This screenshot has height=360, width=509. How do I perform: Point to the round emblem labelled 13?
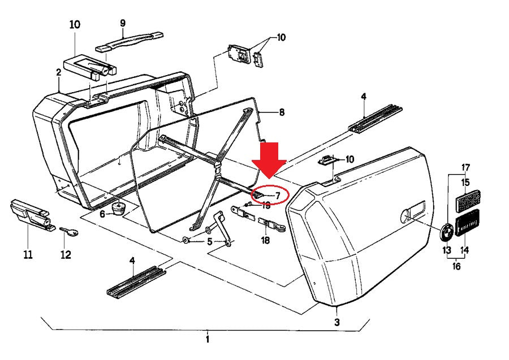447,232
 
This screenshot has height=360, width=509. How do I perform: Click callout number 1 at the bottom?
207,340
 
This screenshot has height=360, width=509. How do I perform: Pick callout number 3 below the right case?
337,322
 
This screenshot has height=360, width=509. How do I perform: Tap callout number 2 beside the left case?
58,72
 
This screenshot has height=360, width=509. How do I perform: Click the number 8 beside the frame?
281,112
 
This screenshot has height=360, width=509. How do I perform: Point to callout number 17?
465,167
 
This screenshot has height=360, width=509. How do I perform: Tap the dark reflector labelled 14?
468,223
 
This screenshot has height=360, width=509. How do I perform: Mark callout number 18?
266,240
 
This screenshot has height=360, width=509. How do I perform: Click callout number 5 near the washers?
209,242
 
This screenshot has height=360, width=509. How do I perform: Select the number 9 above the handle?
122,23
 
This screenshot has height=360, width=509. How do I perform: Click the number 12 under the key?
66,255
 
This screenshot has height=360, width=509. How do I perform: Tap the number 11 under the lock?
28,255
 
